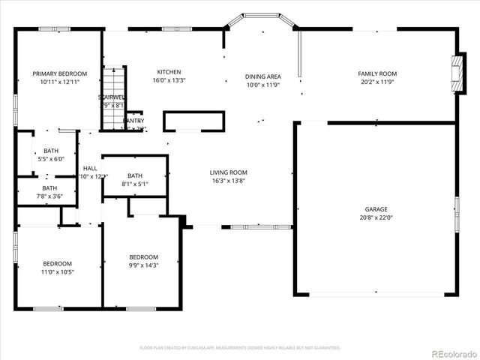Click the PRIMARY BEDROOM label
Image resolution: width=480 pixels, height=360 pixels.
pyautogui.click(x=59, y=73)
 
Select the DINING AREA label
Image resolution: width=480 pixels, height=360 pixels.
pyautogui.click(x=263, y=76)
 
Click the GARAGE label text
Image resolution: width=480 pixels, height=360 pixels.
pyautogui.click(x=376, y=209)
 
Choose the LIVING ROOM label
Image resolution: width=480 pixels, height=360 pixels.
pyautogui.click(x=228, y=172)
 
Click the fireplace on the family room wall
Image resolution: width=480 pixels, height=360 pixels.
pyautogui.click(x=457, y=73)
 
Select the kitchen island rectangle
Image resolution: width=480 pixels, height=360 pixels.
pyautogui.click(x=193, y=121)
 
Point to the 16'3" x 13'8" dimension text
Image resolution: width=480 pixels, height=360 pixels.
pyautogui.click(x=228, y=181)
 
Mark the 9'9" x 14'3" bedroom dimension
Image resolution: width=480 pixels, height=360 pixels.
pyautogui.click(x=142, y=265)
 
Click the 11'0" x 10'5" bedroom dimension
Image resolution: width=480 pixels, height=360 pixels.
pyautogui.click(x=57, y=271)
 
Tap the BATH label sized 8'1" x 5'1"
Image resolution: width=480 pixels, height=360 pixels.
pyautogui.click(x=134, y=175)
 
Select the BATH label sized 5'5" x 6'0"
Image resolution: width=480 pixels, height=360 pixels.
pyautogui.click(x=50, y=151)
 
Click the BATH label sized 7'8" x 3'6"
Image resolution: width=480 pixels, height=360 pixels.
pyautogui.click(x=49, y=188)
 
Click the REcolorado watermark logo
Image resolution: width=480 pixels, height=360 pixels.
pyautogui.click(x=450, y=353)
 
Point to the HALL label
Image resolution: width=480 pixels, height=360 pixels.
pyautogui.click(x=90, y=168)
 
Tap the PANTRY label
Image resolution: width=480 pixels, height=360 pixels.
pyautogui.click(x=134, y=120)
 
